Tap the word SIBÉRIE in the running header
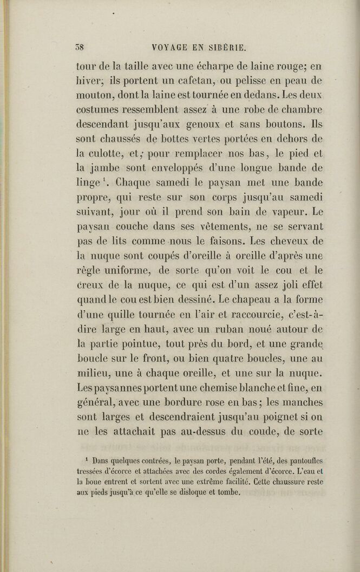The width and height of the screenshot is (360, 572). (x=226, y=47)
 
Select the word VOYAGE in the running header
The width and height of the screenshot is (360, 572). (x=154, y=47)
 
